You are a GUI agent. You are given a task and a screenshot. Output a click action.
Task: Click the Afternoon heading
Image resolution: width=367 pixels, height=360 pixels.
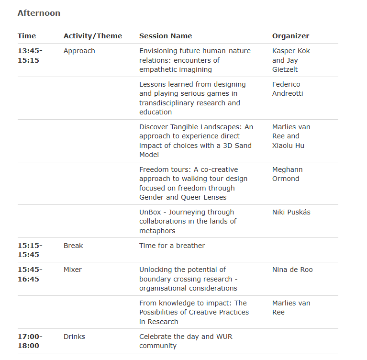click(x=39, y=13)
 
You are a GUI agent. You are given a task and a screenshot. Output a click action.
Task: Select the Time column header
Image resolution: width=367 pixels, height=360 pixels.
click(x=27, y=36)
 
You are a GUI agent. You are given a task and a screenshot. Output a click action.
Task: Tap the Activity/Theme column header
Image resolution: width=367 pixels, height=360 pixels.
click(x=92, y=36)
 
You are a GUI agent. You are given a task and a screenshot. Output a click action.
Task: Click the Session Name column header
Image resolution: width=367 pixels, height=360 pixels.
click(x=165, y=36)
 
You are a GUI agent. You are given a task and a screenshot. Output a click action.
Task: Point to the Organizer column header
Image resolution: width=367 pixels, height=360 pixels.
click(x=290, y=36)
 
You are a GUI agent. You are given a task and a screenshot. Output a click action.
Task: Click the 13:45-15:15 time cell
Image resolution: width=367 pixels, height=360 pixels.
click(x=30, y=56)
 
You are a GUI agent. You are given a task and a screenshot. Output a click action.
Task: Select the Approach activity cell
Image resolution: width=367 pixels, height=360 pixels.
click(x=79, y=51)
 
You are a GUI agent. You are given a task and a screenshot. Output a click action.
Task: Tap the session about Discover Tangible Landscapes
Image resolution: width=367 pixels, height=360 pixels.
click(x=196, y=141)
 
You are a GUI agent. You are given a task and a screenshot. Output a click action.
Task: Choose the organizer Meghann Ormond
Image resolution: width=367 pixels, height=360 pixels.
click(x=287, y=174)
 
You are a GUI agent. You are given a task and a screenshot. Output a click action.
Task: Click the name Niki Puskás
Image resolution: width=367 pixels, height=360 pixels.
click(x=291, y=212)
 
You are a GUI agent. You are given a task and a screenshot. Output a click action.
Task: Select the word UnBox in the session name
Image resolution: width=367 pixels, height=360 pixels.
click(x=149, y=212)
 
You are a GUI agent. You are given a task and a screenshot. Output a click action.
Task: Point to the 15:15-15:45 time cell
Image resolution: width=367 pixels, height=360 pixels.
click(x=30, y=250)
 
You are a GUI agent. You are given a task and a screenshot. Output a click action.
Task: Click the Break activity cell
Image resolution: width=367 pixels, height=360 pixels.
click(x=73, y=246)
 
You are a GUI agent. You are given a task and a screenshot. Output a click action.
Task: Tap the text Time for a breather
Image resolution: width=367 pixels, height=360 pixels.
click(x=172, y=246)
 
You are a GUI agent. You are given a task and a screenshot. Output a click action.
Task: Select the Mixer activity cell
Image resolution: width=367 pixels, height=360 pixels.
click(x=73, y=270)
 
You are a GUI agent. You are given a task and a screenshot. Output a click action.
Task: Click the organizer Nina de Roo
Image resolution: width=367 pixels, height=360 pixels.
click(x=292, y=270)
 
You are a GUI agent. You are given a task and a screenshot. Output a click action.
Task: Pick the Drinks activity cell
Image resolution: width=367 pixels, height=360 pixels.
click(x=74, y=337)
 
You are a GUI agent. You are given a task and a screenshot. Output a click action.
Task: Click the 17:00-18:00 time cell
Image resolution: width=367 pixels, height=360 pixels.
click(x=30, y=341)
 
